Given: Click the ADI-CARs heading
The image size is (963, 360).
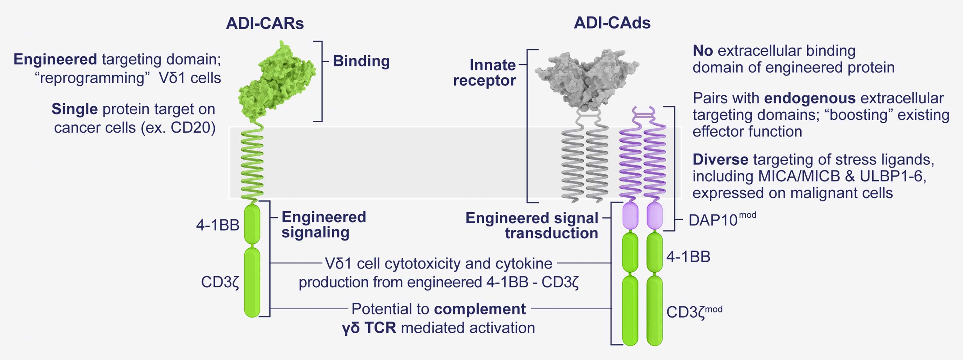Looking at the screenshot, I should coord(265,23).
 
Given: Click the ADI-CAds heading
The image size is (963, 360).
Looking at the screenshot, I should coord(612,23).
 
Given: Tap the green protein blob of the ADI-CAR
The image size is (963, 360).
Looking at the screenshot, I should coord(277,82).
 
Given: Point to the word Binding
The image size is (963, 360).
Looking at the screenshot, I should coord(361,61).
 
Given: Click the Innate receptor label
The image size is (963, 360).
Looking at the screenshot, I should coord(485,73).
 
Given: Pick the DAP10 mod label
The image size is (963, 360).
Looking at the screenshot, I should coord(722,220).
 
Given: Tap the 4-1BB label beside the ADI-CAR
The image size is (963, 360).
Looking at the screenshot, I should coord(218,225).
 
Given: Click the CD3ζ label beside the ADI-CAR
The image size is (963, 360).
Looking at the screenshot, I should coord(220,282).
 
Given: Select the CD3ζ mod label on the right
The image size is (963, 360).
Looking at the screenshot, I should coord(694,312).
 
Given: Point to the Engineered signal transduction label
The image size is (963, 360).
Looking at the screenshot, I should coord(532,225).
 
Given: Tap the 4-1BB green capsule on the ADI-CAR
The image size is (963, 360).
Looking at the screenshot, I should coord(252,224).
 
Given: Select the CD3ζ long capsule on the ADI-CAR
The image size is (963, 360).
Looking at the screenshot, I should coord(252,283).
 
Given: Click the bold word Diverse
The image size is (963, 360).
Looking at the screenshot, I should coord(720,160).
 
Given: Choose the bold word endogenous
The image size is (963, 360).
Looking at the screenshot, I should coord(810,98).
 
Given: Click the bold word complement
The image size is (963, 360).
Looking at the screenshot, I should coord(480,309).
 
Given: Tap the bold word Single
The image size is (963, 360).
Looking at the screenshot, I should coord(74,109).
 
